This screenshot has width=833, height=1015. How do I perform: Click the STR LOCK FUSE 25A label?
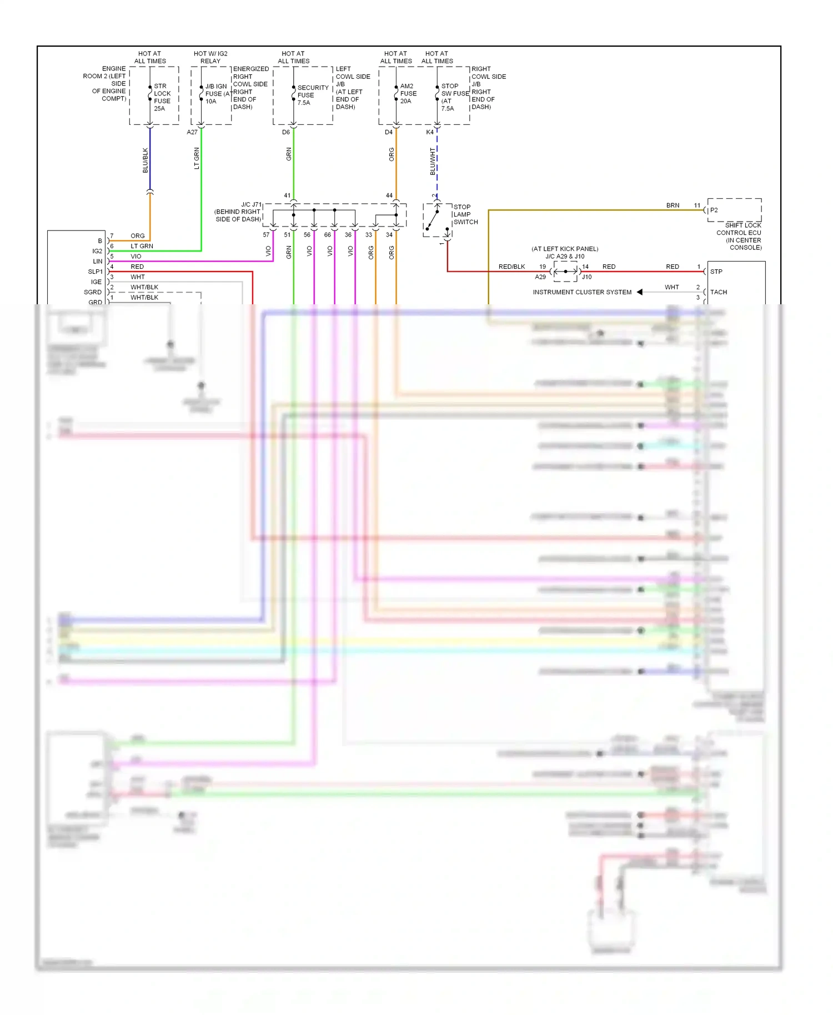coord(162,97)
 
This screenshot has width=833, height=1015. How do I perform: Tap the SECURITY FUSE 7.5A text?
coord(312,95)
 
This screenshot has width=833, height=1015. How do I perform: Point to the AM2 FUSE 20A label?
coord(408,94)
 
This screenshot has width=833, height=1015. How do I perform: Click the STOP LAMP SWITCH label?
coord(465,214)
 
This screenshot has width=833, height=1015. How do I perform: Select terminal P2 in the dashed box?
coord(714,210)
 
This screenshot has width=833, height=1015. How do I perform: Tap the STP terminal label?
coord(716,272)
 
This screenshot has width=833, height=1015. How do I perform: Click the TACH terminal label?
coord(719,292)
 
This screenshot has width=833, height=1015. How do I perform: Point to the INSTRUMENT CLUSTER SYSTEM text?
coord(582,292)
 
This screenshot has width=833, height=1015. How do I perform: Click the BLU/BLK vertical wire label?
coord(145,160)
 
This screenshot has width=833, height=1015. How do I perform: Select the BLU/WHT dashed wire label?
coord(433,161)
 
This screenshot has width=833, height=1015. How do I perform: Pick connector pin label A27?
coord(192,132)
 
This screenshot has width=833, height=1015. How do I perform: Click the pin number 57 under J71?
coord(266,235)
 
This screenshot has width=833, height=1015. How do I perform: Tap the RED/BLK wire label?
coord(511,267)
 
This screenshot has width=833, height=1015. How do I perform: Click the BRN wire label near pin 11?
coord(673,205)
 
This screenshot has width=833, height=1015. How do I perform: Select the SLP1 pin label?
coord(95,272)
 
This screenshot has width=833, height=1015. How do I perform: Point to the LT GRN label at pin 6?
coord(142,246)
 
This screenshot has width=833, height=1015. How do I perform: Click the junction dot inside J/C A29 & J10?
coord(565,272)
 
